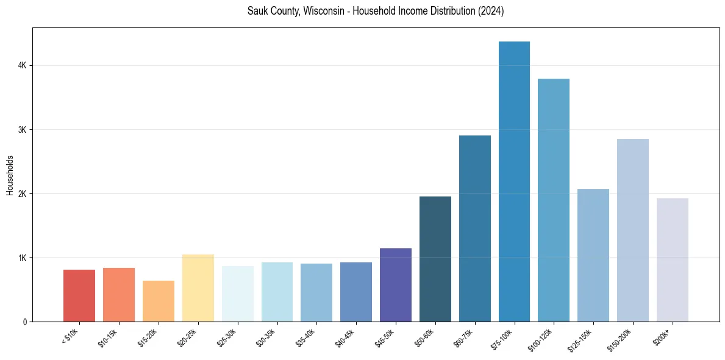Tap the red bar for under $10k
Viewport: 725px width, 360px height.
pos(79,295)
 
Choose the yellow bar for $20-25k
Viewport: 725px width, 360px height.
pos(198,288)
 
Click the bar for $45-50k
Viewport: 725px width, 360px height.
pos(396,285)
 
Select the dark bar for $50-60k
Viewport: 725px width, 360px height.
pos(435,259)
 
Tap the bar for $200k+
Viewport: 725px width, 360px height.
pos(673,260)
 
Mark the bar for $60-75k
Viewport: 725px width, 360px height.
pos(475,228)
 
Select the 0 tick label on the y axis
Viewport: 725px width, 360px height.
pos(24,322)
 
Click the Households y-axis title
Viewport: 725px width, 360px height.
pos(10,175)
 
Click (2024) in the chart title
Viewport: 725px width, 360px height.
pos(491,12)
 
